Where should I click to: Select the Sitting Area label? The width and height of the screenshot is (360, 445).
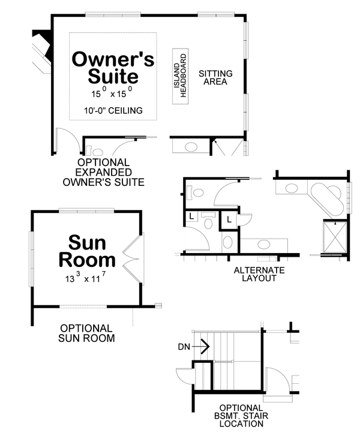(215, 78)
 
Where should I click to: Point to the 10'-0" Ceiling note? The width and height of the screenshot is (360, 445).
(113, 110)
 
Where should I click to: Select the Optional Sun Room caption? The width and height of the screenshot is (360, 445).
(86, 333)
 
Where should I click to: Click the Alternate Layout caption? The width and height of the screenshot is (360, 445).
(259, 274)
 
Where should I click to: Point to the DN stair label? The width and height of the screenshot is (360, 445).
(184, 346)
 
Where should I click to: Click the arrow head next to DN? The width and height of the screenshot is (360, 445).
(204, 346)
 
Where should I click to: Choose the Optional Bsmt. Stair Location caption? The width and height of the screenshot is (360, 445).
(241, 415)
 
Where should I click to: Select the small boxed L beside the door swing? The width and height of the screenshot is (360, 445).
(229, 220)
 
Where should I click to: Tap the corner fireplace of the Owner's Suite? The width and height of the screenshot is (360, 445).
(41, 51)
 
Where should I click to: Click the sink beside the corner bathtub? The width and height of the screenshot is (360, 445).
(291, 188)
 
